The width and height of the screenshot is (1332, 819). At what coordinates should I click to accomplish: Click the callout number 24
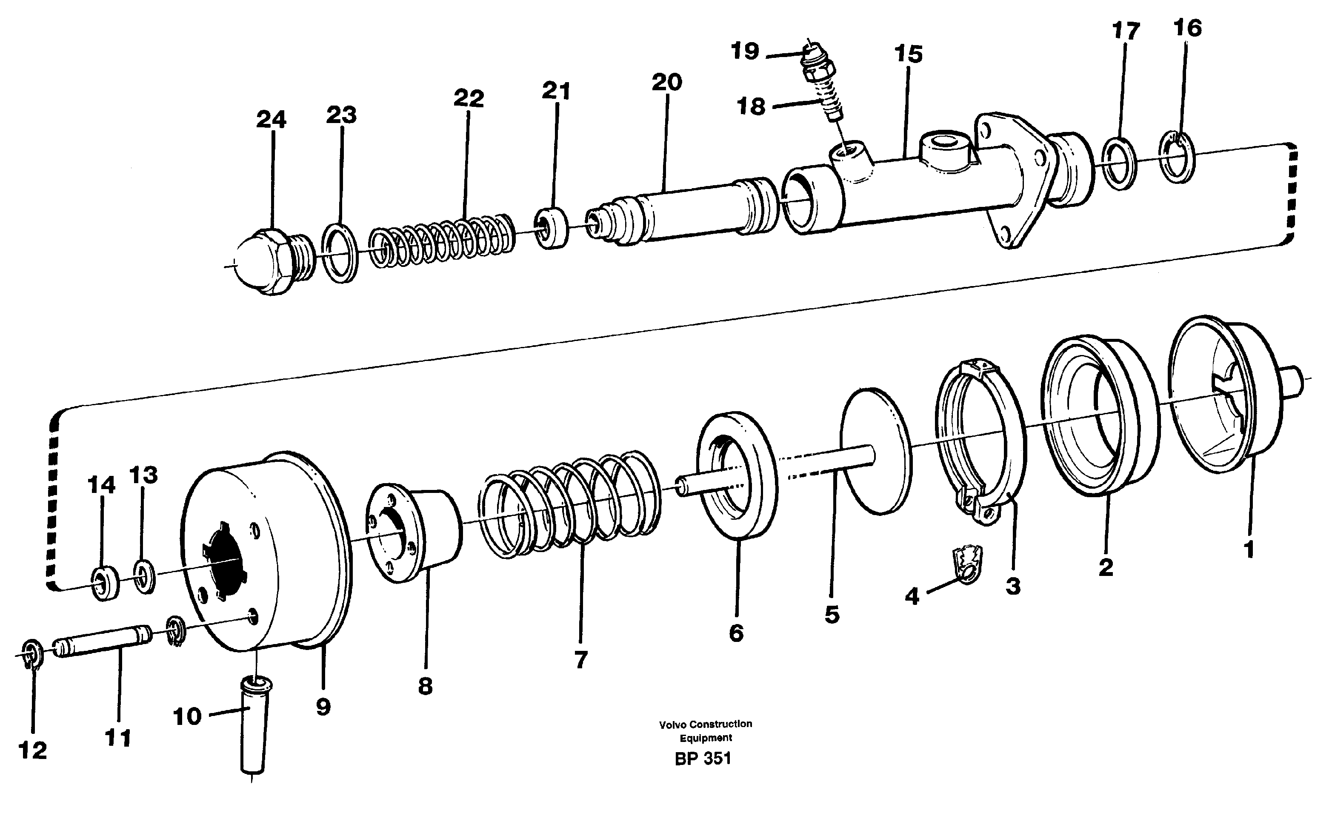pos(271,120)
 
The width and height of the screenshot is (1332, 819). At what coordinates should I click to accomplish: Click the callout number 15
pos(908,54)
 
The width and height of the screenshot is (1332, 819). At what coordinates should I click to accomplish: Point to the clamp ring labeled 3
pos(980,439)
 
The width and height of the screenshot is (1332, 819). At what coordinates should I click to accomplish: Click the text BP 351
pos(703,758)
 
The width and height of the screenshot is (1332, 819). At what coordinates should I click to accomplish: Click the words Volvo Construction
pos(705,724)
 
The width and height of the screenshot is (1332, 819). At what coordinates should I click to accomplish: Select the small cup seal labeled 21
pos(551,227)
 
